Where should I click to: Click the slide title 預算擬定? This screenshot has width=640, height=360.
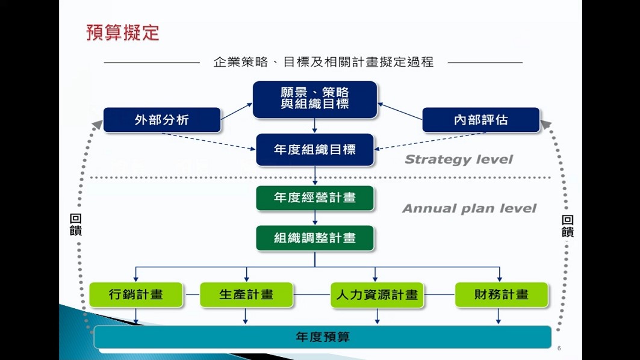pyautogui.click(x=123, y=33)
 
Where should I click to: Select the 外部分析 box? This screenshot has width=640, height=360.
pyautogui.click(x=162, y=120)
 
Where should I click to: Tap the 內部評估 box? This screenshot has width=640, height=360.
pyautogui.click(x=480, y=120)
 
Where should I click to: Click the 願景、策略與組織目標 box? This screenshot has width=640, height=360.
pyautogui.click(x=315, y=99)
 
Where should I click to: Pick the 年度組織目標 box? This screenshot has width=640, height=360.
pyautogui.click(x=315, y=149)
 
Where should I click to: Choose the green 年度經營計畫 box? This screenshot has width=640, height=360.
pyautogui.click(x=315, y=198)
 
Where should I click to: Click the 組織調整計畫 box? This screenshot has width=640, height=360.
pyautogui.click(x=315, y=238)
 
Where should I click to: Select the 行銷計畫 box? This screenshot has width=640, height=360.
pyautogui.click(x=136, y=295)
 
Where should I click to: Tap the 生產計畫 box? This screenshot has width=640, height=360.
pyautogui.click(x=246, y=295)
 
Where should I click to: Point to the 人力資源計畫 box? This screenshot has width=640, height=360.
pyautogui.click(x=377, y=295)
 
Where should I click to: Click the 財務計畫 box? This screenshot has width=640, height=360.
pyautogui.click(x=501, y=295)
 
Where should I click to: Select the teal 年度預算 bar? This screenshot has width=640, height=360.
pyautogui.click(x=323, y=337)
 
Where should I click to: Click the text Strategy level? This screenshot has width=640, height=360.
pyautogui.click(x=458, y=160)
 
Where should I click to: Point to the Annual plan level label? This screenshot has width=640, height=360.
pyautogui.click(x=469, y=209)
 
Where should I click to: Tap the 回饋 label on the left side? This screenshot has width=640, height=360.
pyautogui.click(x=76, y=225)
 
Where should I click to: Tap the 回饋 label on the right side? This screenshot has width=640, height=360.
pyautogui.click(x=567, y=226)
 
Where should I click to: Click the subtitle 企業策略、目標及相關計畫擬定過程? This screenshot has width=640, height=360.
pyautogui.click(x=323, y=62)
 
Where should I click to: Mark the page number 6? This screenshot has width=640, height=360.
pyautogui.click(x=559, y=349)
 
